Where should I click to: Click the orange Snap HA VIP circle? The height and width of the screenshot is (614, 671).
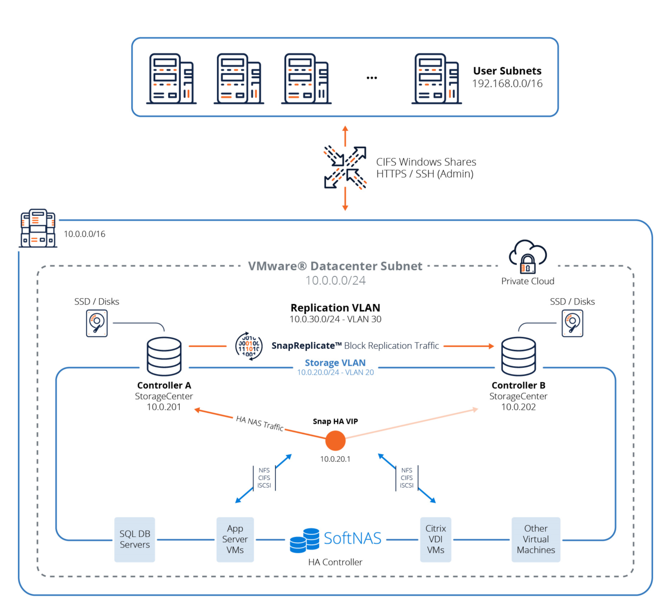(x=335, y=441)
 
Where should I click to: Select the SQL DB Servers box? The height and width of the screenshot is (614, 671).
(x=135, y=540)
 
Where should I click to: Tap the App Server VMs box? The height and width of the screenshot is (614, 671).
(x=235, y=540)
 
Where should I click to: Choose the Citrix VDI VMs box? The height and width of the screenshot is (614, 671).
(x=436, y=540)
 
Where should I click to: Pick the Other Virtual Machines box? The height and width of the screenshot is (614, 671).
(x=536, y=540)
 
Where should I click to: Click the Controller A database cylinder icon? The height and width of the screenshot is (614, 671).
(x=164, y=356)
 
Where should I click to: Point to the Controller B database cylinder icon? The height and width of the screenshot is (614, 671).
(x=518, y=356)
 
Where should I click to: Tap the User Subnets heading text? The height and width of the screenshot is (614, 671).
(x=507, y=71)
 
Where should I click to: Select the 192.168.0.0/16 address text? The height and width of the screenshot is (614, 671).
(x=507, y=84)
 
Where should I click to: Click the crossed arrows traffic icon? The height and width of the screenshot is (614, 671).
(x=345, y=168)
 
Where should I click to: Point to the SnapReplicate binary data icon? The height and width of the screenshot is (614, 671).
(x=249, y=346)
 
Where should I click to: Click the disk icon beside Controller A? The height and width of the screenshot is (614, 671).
(x=97, y=323)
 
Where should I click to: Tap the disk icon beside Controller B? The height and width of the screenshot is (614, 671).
(x=572, y=323)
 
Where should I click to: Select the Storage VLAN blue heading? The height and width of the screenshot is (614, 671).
(x=335, y=363)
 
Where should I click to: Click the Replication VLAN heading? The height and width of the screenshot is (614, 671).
(x=335, y=308)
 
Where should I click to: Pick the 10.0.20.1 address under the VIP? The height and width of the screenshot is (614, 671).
(x=335, y=459)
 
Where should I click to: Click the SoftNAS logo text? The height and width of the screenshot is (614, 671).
(x=352, y=539)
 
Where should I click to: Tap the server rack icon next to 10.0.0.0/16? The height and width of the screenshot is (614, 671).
(x=38, y=228)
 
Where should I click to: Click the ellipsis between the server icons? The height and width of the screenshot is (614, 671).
(x=372, y=78)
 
